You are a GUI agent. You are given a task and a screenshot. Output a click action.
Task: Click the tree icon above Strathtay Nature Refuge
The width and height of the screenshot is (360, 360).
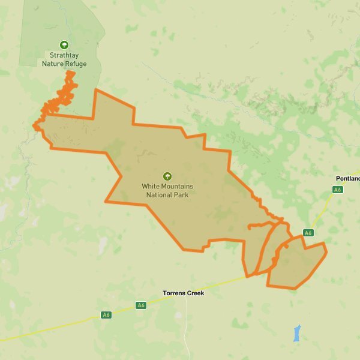[64, 44]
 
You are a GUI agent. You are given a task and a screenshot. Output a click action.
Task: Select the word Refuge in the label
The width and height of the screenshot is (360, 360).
[76, 64]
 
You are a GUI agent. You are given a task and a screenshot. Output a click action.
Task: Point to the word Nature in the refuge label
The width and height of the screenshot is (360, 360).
[52, 64]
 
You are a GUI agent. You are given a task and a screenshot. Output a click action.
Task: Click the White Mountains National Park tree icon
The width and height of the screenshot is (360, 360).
[167, 176]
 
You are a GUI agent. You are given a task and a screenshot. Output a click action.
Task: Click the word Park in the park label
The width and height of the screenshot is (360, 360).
[183, 195]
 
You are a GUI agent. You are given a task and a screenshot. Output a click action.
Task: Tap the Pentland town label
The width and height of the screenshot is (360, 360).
[347, 179]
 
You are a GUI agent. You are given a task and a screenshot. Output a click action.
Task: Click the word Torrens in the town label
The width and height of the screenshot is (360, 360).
[174, 293]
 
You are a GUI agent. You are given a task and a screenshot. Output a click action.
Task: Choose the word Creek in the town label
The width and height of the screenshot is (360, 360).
[195, 293]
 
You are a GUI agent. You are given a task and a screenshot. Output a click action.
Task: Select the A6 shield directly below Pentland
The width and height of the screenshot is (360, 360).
[337, 190]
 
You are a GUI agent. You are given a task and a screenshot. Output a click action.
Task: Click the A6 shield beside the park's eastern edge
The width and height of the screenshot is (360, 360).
[308, 233]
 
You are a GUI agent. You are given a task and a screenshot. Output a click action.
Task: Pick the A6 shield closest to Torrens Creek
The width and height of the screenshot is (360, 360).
[141, 305]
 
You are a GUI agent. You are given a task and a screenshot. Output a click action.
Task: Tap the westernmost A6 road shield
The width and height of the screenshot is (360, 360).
[106, 314]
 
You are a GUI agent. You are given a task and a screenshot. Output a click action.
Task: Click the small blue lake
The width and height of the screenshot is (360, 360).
[297, 334]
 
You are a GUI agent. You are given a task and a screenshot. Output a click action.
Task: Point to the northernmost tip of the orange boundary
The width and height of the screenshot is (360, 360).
[71, 71]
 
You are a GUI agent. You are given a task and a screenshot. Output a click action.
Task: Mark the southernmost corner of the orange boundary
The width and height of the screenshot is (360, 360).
[294, 289]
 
